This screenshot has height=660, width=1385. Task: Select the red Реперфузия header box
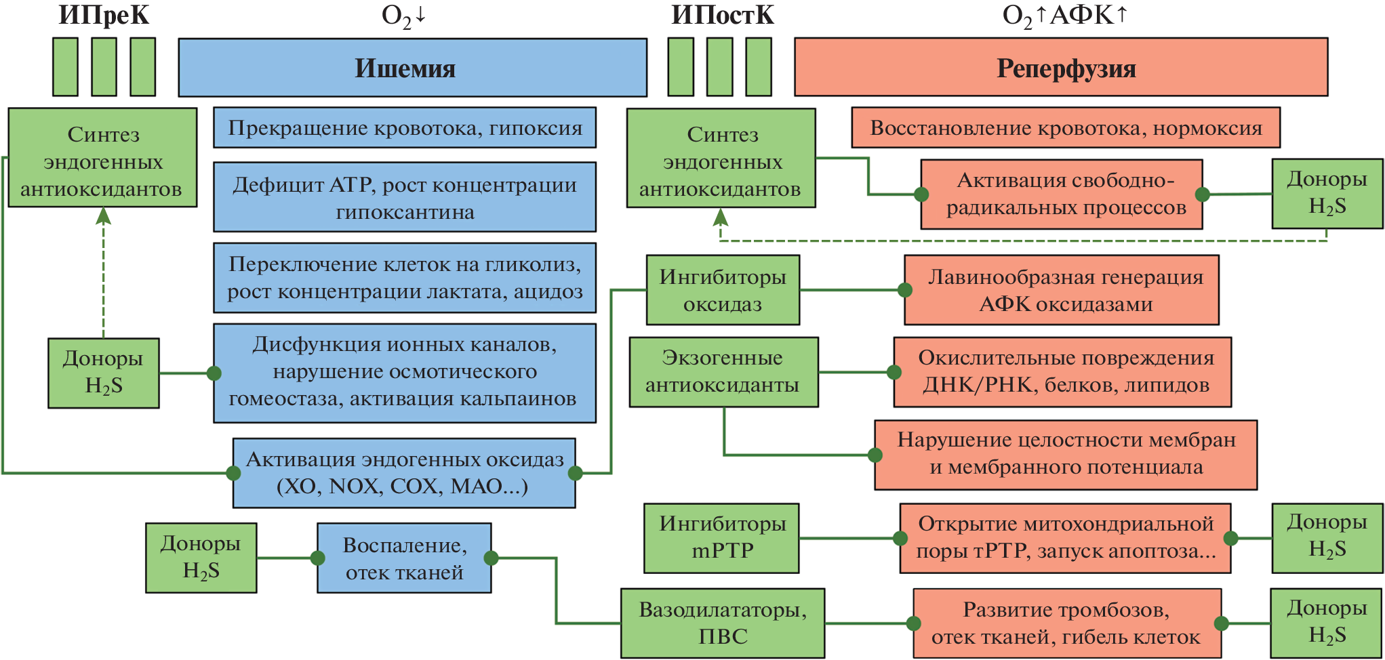click(x=1060, y=68)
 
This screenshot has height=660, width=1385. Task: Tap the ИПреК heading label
click(x=104, y=15)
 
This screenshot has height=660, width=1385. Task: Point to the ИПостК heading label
click(x=722, y=15)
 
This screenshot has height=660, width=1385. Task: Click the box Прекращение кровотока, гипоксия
click(x=405, y=127)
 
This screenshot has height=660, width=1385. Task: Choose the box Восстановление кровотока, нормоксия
click(x=1066, y=127)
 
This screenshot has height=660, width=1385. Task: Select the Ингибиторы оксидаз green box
click(x=723, y=290)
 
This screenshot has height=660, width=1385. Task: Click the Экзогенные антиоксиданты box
click(x=723, y=371)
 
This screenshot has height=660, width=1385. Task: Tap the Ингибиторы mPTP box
click(x=721, y=537)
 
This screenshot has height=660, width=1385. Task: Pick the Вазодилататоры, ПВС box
click(x=723, y=623)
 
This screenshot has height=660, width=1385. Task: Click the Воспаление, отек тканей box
click(x=404, y=558)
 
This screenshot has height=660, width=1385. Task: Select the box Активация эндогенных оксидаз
click(x=404, y=472)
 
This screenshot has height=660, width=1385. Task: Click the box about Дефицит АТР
click(x=405, y=197)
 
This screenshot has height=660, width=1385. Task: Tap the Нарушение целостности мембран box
click(x=1066, y=454)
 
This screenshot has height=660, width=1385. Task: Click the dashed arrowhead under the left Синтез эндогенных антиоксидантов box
click(x=104, y=216)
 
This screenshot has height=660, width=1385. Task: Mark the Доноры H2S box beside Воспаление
click(x=201, y=557)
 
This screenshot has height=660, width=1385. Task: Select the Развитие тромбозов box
click(x=1066, y=623)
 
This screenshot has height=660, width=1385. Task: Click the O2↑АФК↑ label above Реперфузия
click(x=1064, y=15)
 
